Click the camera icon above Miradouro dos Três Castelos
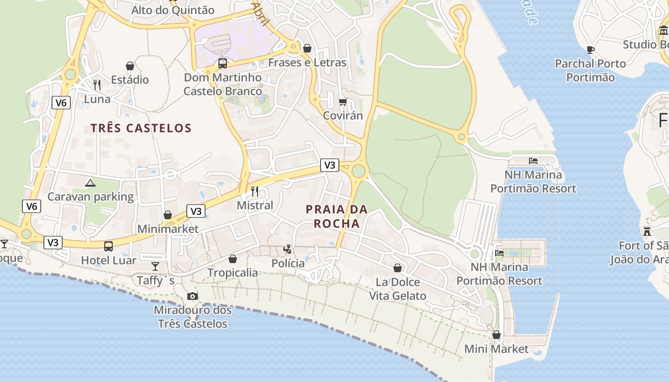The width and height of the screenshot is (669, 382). tap(193, 296)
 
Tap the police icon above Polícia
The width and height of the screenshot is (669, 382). tap(288, 249)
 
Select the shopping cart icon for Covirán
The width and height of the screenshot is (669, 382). tap(343, 102)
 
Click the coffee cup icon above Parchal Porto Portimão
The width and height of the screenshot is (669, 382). tap(590, 50)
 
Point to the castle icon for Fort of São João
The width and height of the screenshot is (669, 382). tap(647, 232)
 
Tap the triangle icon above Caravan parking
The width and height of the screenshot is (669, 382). tap(90, 182)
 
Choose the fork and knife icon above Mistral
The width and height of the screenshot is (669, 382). tap(255, 191)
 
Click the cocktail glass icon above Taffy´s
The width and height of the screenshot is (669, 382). tap(155, 266)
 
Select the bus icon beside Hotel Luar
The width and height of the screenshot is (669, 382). tap(108, 246)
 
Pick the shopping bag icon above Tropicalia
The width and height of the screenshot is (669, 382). tap(233, 259)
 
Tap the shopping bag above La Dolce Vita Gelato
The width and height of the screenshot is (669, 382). tap(398, 268)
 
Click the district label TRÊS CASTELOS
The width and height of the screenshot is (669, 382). tap(141, 128)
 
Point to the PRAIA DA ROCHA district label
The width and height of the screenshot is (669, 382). tap(337, 216)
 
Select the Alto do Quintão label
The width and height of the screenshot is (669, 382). tap(173, 10)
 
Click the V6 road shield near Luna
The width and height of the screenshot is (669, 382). tap(61, 103)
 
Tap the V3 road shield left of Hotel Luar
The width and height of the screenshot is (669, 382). tap(53, 243)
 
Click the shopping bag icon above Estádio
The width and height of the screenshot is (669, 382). tap(129, 65)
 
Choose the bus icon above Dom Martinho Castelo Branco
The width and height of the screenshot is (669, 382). tap(223, 64)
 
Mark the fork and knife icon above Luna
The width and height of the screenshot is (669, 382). tap(97, 85)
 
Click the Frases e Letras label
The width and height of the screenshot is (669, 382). tap(307, 63)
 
